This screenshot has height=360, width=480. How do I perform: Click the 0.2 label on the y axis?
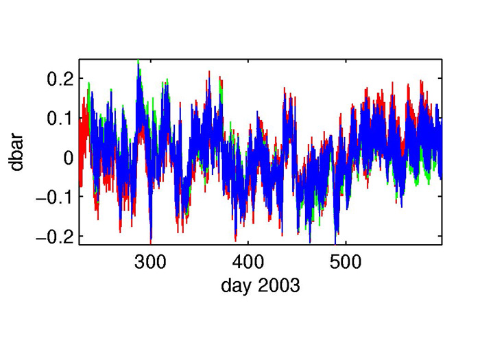pyautogui.click(x=60, y=80)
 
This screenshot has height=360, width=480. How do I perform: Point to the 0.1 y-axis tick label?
pyautogui.click(x=60, y=119)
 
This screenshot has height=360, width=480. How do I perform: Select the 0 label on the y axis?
pyautogui.click(x=69, y=158)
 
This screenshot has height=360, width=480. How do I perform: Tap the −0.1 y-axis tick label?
pyautogui.click(x=55, y=197)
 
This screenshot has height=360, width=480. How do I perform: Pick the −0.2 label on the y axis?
pyautogui.click(x=55, y=237)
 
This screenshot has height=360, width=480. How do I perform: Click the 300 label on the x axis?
pyautogui.click(x=150, y=262)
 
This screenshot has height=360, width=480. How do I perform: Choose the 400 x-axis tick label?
pyautogui.click(x=248, y=262)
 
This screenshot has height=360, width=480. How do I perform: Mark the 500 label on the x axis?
pyautogui.click(x=346, y=262)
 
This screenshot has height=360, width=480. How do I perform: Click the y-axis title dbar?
pyautogui.click(x=16, y=153)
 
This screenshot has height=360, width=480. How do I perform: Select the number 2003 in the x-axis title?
pyautogui.click(x=278, y=286)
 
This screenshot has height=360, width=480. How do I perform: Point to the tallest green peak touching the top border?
pyautogui.click(x=139, y=61)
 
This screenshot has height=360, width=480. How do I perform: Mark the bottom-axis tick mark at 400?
pyautogui.click(x=248, y=243)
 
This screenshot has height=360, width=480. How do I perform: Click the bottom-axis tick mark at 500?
pyautogui.click(x=346, y=243)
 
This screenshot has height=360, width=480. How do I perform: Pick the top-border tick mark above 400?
pyautogui.click(x=248, y=60)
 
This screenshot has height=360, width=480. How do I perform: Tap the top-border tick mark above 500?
pyautogui.click(x=346, y=60)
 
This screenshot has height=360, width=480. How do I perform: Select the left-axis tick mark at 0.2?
pyautogui.click(x=82, y=78)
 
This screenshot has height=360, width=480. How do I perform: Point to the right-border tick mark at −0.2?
pyautogui.click(x=440, y=236)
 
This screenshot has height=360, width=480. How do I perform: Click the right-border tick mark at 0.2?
pyautogui.click(x=440, y=78)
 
